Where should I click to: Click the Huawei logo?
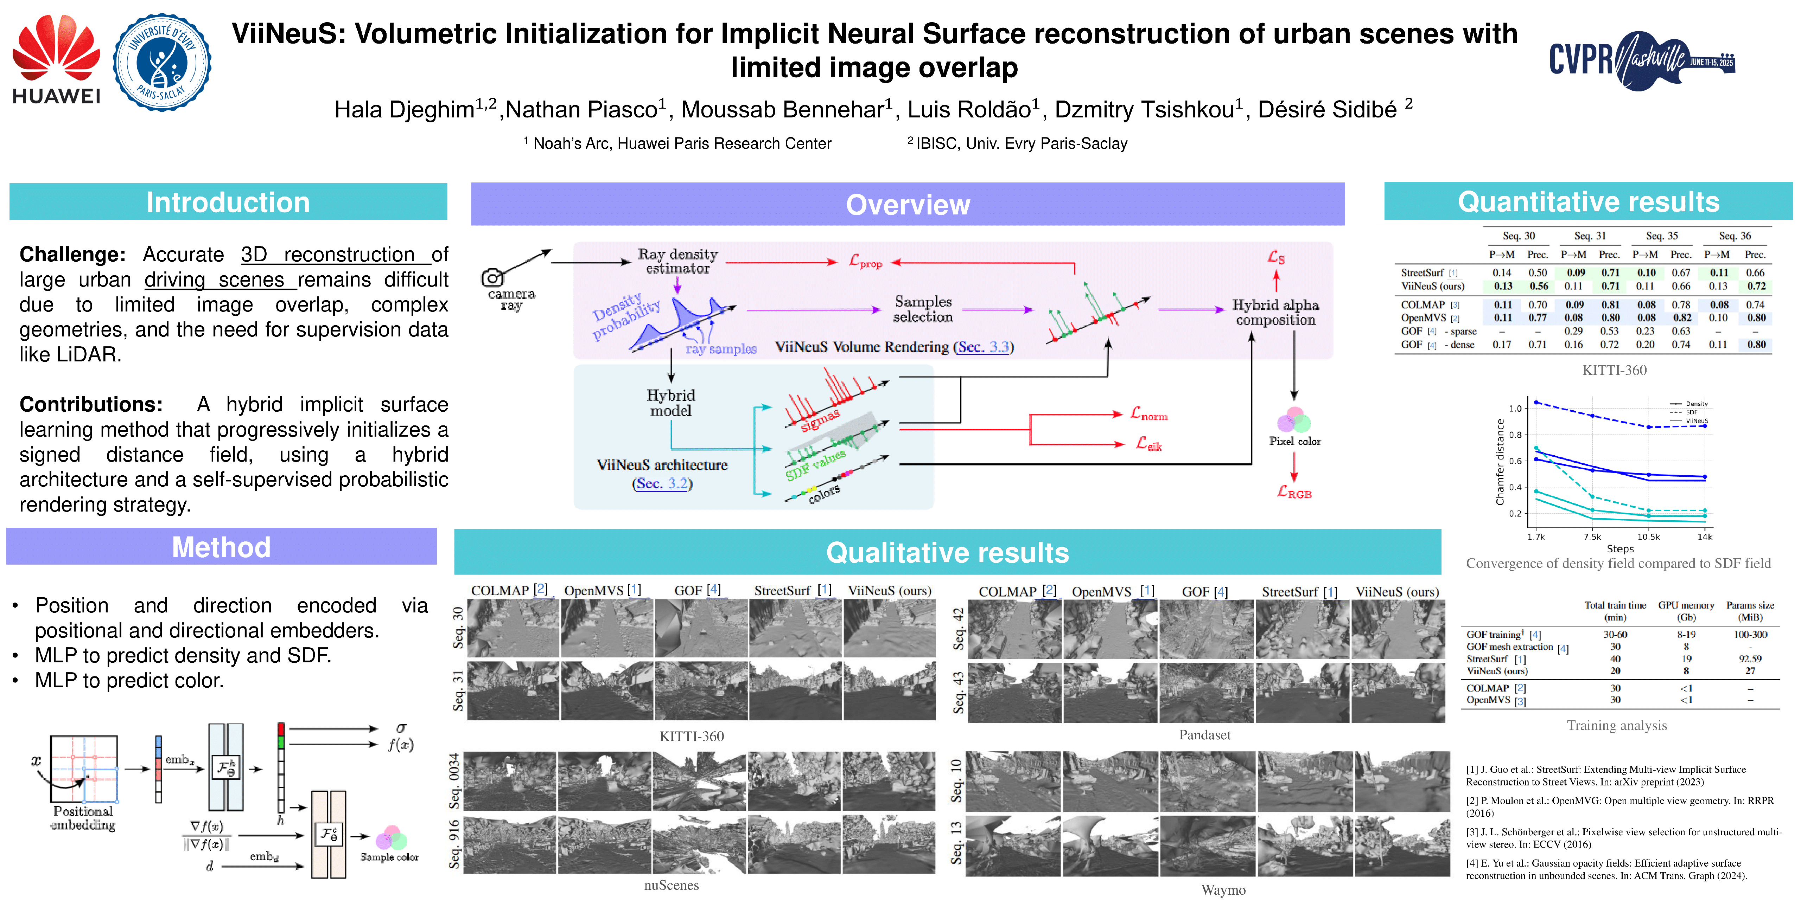(56, 59)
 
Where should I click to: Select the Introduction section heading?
(228, 202)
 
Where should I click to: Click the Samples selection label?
(923, 309)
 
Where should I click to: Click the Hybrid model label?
(670, 403)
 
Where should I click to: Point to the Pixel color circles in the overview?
(1294, 421)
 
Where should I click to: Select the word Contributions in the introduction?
(91, 405)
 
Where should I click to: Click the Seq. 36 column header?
(1735, 236)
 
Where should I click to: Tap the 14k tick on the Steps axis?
(1705, 536)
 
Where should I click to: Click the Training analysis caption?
(1616, 725)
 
